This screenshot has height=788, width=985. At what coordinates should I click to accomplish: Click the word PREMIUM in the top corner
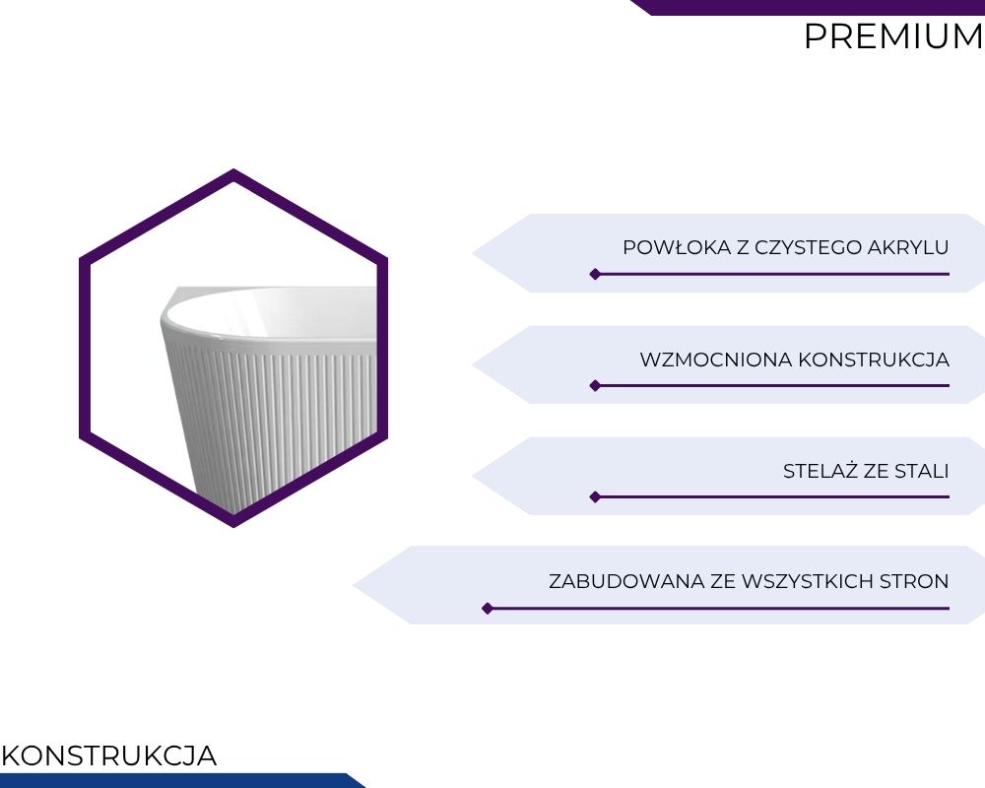894,36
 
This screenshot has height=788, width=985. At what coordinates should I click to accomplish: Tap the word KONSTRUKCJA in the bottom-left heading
109,755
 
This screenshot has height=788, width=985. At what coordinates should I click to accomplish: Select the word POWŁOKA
678,247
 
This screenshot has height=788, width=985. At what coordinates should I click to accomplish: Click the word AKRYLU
908,247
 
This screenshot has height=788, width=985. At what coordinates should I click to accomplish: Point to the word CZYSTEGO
808,247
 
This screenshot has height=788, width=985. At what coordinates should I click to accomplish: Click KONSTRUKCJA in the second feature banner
874,361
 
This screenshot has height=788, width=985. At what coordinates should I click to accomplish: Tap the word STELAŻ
821,471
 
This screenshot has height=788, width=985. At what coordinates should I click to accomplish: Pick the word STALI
922,471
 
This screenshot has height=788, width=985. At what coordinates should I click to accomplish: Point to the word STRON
914,581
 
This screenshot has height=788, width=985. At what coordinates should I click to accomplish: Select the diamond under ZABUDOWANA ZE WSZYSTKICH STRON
488,609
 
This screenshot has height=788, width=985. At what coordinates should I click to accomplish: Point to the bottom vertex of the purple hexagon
233,526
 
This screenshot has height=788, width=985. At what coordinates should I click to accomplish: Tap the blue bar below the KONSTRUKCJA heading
182,780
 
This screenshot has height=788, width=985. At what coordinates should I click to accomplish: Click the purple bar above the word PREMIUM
808,7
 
